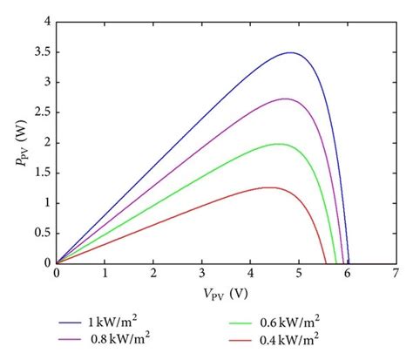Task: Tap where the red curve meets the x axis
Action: coord(326,262)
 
